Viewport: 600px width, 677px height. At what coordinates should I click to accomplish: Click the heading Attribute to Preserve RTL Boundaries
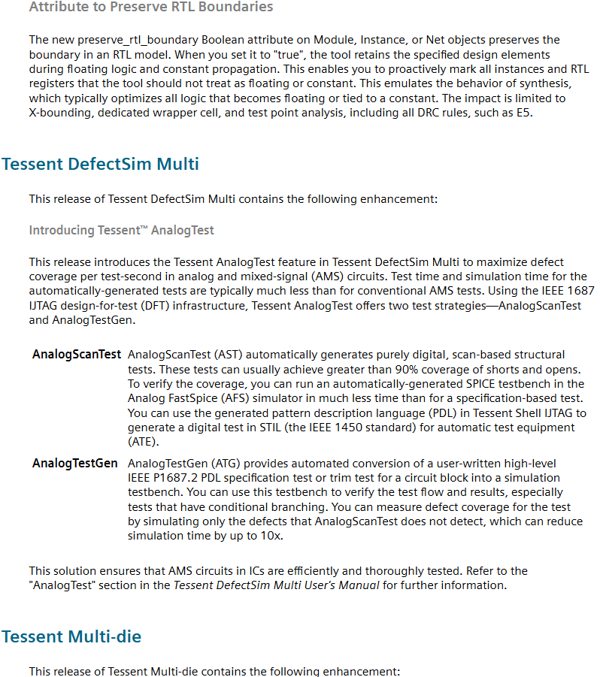[x=151, y=8]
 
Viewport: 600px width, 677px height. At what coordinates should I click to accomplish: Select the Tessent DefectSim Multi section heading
[x=100, y=164]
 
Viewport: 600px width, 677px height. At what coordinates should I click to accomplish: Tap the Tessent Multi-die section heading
[x=71, y=636]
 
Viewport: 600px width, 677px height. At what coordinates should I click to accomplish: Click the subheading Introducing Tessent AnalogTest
[x=121, y=230]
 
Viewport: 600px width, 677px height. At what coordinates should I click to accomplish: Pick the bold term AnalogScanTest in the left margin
[x=77, y=355]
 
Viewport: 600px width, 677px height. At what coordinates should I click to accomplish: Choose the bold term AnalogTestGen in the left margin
[x=75, y=464]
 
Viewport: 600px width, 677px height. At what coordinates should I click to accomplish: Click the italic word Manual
[x=360, y=585]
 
